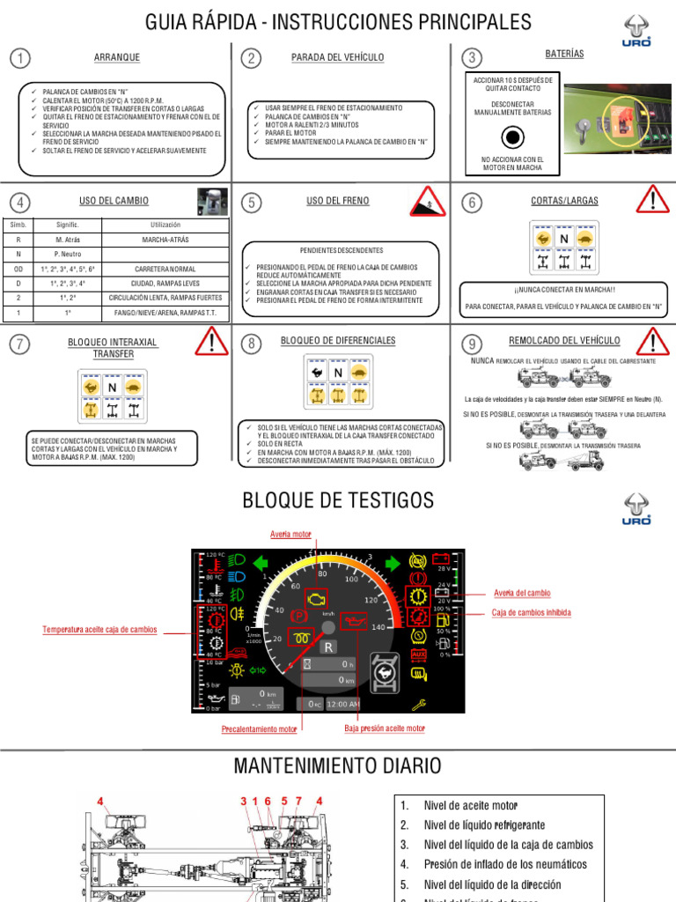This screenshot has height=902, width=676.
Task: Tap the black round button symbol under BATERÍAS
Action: pos(512,137)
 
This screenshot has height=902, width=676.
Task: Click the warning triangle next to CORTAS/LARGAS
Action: pos(652,200)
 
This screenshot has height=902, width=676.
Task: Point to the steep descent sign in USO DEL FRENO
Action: pos(427,202)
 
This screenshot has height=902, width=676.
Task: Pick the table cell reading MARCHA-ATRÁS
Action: pos(165,240)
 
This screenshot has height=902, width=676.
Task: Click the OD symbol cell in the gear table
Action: pos(18,269)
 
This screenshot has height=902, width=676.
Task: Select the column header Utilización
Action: pos(165,225)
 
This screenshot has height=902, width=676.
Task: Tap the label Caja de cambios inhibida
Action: pos(531,613)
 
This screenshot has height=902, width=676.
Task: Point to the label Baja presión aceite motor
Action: pos(385,728)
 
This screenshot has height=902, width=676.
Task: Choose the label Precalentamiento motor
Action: pos(260,729)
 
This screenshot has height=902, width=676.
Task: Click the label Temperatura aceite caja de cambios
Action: pos(99,630)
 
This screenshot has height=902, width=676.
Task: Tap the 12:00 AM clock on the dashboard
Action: pos(342,704)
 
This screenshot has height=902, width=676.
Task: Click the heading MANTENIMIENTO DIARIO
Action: pos(338,766)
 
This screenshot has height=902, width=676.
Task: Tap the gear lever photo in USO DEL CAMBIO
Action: pos(212,200)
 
